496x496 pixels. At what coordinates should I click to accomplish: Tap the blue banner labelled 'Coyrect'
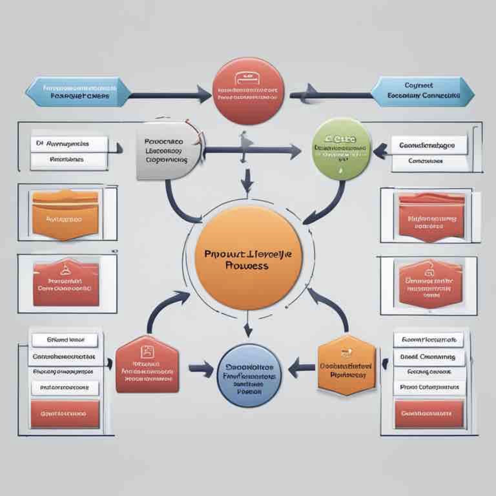pyautogui.click(x=423, y=92)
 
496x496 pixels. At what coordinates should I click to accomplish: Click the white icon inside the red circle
pyautogui.click(x=248, y=78)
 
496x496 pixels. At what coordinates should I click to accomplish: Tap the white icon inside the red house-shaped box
pyautogui.click(x=147, y=351)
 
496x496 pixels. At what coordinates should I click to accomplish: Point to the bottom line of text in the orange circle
pyautogui.click(x=247, y=266)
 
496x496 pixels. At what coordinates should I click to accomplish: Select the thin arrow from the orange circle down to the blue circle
pyautogui.click(x=248, y=325)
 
